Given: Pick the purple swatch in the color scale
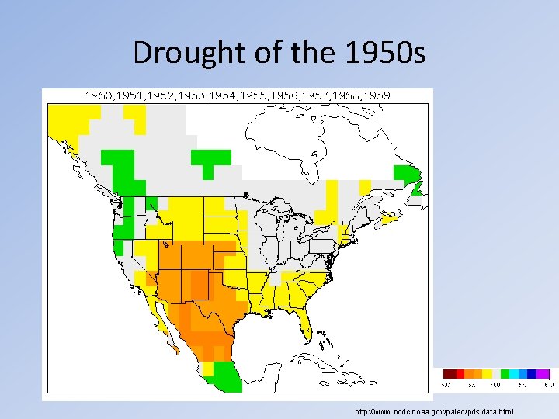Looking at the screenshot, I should [543, 373].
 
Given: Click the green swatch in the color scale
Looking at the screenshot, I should [505, 373].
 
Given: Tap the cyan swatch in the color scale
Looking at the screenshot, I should [524, 373].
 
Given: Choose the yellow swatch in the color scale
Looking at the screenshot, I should [486, 373].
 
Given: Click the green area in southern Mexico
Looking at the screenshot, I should [226, 376].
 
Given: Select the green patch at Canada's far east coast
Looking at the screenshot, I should [408, 177].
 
